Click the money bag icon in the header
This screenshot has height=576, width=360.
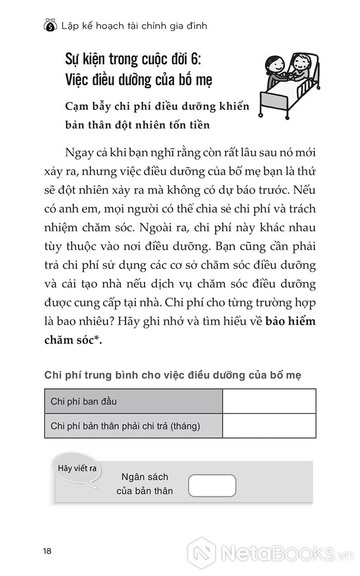(x=50, y=25)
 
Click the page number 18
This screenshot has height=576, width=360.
(x=47, y=551)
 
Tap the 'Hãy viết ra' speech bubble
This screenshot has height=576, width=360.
(x=77, y=469)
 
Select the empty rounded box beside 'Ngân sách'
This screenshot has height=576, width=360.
(x=212, y=485)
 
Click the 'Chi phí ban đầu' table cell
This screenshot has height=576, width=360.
(x=133, y=401)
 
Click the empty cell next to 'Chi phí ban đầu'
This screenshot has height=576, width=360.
(x=269, y=401)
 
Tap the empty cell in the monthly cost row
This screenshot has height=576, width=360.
(x=269, y=426)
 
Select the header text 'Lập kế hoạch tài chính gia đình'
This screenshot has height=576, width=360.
(x=134, y=25)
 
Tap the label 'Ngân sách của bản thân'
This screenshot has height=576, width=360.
(x=145, y=484)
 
